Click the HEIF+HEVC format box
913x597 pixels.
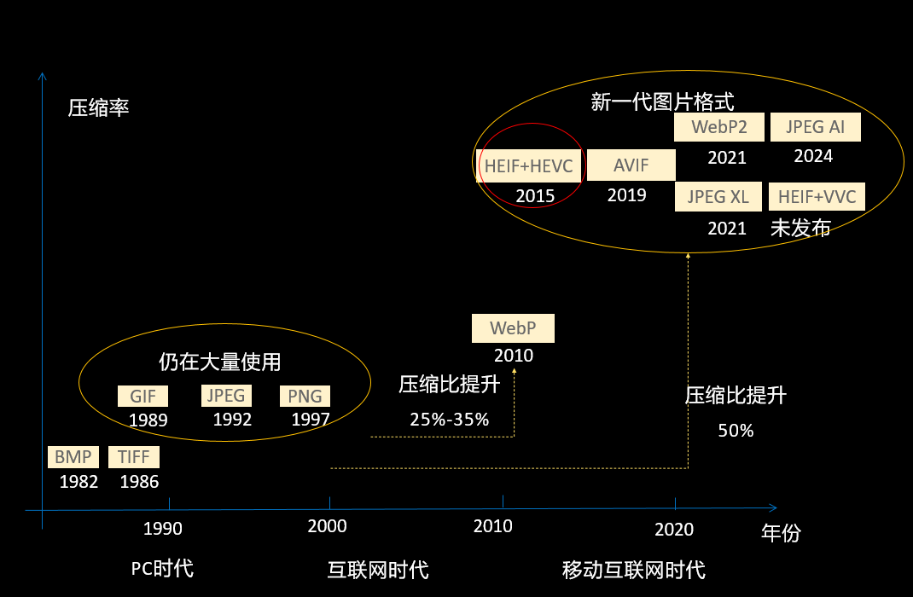click(529, 165)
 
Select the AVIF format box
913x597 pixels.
click(631, 165)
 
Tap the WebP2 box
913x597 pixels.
click(719, 127)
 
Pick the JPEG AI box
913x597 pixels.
click(816, 127)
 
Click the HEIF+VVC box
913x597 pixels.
click(817, 197)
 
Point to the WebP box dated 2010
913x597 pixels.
click(513, 328)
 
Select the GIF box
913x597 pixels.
click(142, 397)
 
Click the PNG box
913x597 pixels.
click(305, 397)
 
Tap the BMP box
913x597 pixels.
click(73, 457)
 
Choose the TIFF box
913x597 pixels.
click(134, 457)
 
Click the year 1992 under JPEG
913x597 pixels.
click(232, 420)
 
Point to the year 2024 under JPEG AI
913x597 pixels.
click(813, 156)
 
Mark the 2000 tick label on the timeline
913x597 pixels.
click(328, 526)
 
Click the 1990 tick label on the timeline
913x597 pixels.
click(163, 529)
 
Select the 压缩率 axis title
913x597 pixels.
click(98, 108)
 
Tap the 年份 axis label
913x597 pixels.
click(781, 533)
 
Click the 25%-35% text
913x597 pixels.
click(450, 420)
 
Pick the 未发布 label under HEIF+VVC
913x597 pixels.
click(800, 228)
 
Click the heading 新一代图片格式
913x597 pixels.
click(662, 102)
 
